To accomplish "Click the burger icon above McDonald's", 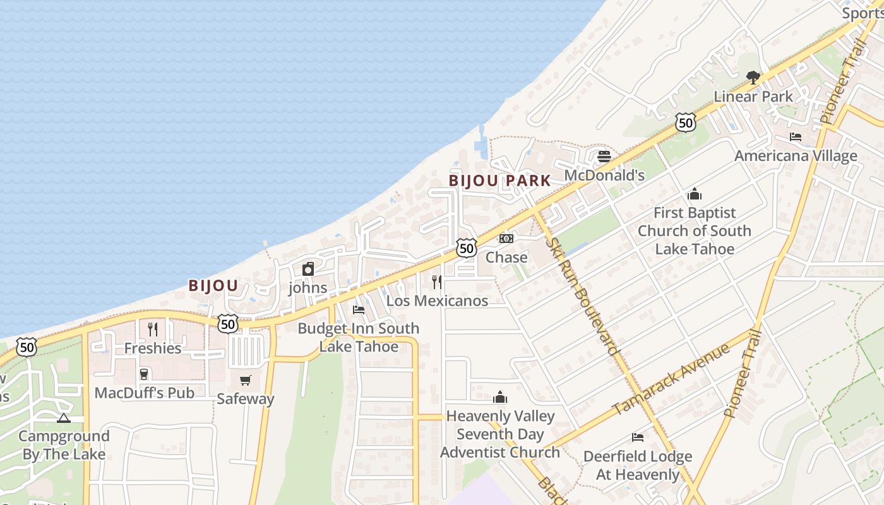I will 604,156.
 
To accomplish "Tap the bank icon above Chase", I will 506,238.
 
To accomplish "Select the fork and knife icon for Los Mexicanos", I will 436,282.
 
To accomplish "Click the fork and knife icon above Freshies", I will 153,329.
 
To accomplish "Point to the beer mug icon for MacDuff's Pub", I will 144,374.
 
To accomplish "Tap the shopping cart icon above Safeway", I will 245,380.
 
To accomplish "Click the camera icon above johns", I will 308,269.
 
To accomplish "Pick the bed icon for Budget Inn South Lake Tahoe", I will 359,309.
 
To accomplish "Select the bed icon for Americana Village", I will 796,136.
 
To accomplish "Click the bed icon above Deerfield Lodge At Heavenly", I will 638,437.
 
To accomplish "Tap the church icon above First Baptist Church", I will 695,194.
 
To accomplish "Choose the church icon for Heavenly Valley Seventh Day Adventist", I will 500,397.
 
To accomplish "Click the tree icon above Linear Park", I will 753,78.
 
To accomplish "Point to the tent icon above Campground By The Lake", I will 63,417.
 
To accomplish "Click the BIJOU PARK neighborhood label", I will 500,181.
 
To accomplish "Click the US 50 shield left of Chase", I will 467,248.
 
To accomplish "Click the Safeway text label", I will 246,399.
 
